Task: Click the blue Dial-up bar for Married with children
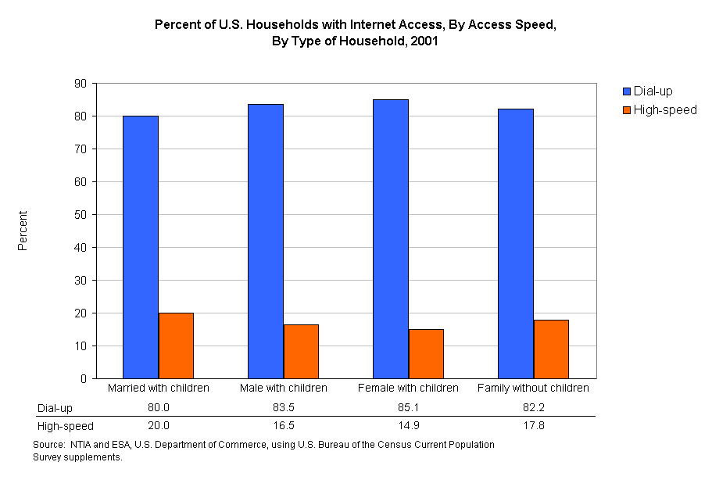[141, 247]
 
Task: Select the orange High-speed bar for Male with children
[301, 351]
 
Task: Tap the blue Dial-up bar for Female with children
[390, 238]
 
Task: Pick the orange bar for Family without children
[551, 349]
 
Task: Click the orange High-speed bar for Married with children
[176, 346]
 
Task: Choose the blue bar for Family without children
[516, 243]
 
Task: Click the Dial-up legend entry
[653, 91]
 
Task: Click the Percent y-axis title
[23, 231]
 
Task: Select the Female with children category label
[408, 388]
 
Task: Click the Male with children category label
[283, 388]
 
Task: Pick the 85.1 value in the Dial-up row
[408, 408]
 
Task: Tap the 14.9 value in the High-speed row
[408, 426]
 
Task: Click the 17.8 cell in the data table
[533, 426]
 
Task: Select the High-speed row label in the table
[66, 426]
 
